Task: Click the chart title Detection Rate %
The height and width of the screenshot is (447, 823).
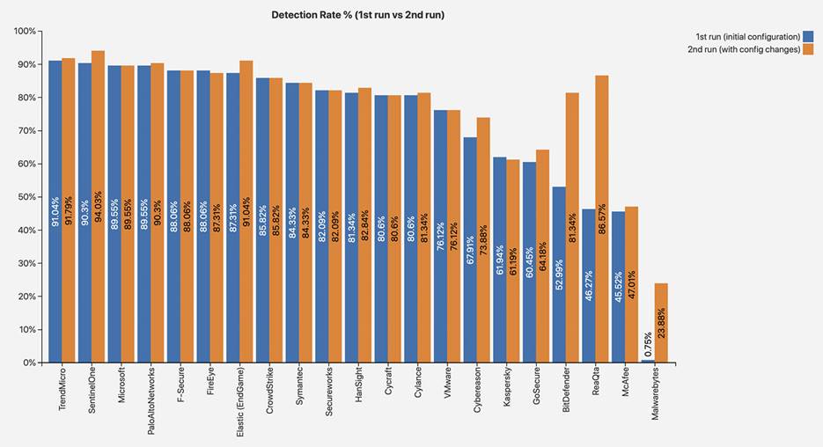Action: pyautogui.click(x=357, y=15)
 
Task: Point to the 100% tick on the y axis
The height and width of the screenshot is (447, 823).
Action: pyautogui.click(x=25, y=32)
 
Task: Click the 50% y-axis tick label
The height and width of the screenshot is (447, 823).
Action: pyautogui.click(x=26, y=197)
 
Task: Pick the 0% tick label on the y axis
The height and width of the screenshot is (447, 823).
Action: pyautogui.click(x=29, y=363)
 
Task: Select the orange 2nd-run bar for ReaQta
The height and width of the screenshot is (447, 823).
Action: pyautogui.click(x=602, y=219)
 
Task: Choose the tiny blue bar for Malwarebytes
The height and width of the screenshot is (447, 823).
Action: pyautogui.click(x=648, y=361)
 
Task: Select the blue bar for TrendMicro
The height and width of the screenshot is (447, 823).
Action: pyautogui.click(x=55, y=211)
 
